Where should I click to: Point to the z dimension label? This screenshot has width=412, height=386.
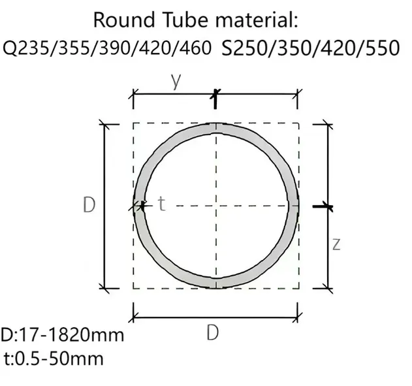[x=336, y=244]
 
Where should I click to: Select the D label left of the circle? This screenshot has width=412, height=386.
[x=90, y=205]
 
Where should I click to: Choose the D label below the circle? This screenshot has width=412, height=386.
[x=213, y=333]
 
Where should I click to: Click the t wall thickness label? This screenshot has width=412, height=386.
[x=161, y=204]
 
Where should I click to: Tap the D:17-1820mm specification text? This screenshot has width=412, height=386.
[x=62, y=336]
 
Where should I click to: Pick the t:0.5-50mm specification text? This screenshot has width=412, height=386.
[x=54, y=358]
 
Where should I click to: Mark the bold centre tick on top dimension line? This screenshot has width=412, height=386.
[x=215, y=99]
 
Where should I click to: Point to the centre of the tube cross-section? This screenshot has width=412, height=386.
[x=215, y=206]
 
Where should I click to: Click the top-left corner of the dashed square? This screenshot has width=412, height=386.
[x=134, y=123]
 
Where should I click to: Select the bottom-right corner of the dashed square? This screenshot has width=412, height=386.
[x=299, y=287]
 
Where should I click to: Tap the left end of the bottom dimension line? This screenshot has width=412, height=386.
[x=134, y=319]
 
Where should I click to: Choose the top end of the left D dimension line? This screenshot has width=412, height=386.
[x=104, y=123]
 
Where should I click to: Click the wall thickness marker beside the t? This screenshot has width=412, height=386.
[x=140, y=206]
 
